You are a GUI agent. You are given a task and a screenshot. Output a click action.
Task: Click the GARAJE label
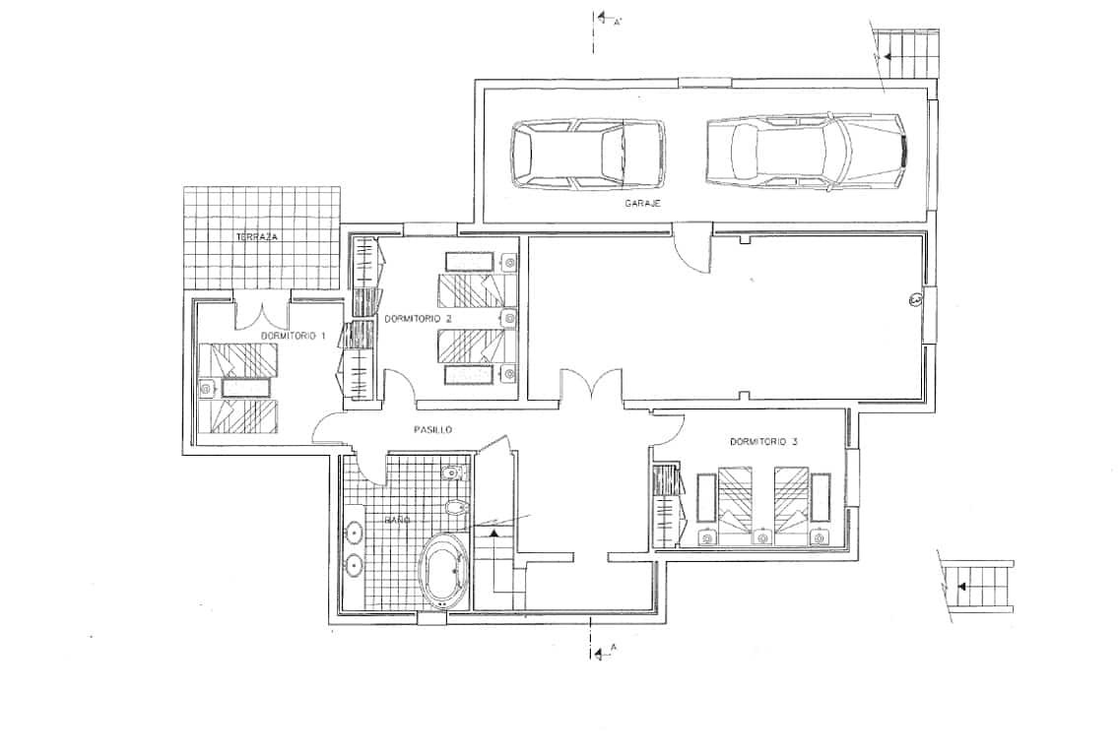[x=641, y=203]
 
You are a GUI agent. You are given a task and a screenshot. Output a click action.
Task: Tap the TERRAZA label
[x=256, y=238]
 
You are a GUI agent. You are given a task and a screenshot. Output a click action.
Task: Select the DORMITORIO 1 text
[x=294, y=337]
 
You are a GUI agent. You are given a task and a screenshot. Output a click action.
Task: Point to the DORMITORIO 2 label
[x=418, y=319]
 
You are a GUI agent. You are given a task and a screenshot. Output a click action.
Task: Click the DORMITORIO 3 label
[x=763, y=442]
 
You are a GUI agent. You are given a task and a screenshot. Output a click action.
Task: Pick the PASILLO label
[x=432, y=429]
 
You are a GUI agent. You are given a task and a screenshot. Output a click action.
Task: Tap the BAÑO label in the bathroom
[x=397, y=519]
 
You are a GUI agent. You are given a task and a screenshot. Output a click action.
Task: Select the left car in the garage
[x=587, y=155]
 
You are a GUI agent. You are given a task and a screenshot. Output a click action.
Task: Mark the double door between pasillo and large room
[x=591, y=385]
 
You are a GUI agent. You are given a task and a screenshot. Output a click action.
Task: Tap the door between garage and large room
[x=691, y=245]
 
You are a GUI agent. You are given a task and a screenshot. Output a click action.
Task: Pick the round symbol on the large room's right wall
[x=914, y=300]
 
